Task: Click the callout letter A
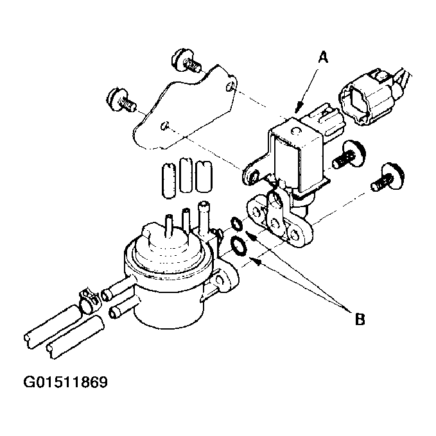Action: tap(323, 57)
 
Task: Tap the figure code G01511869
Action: tap(65, 382)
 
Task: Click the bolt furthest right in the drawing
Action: tap(388, 178)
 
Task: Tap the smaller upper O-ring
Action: tap(237, 224)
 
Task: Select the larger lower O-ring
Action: tap(239, 246)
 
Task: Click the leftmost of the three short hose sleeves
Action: tap(168, 180)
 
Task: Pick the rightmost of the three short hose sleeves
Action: tap(204, 176)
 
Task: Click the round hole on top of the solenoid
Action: tap(295, 130)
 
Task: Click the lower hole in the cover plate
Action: tap(164, 126)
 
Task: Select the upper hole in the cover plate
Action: tap(231, 87)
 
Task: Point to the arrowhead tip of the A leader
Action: tap(296, 113)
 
